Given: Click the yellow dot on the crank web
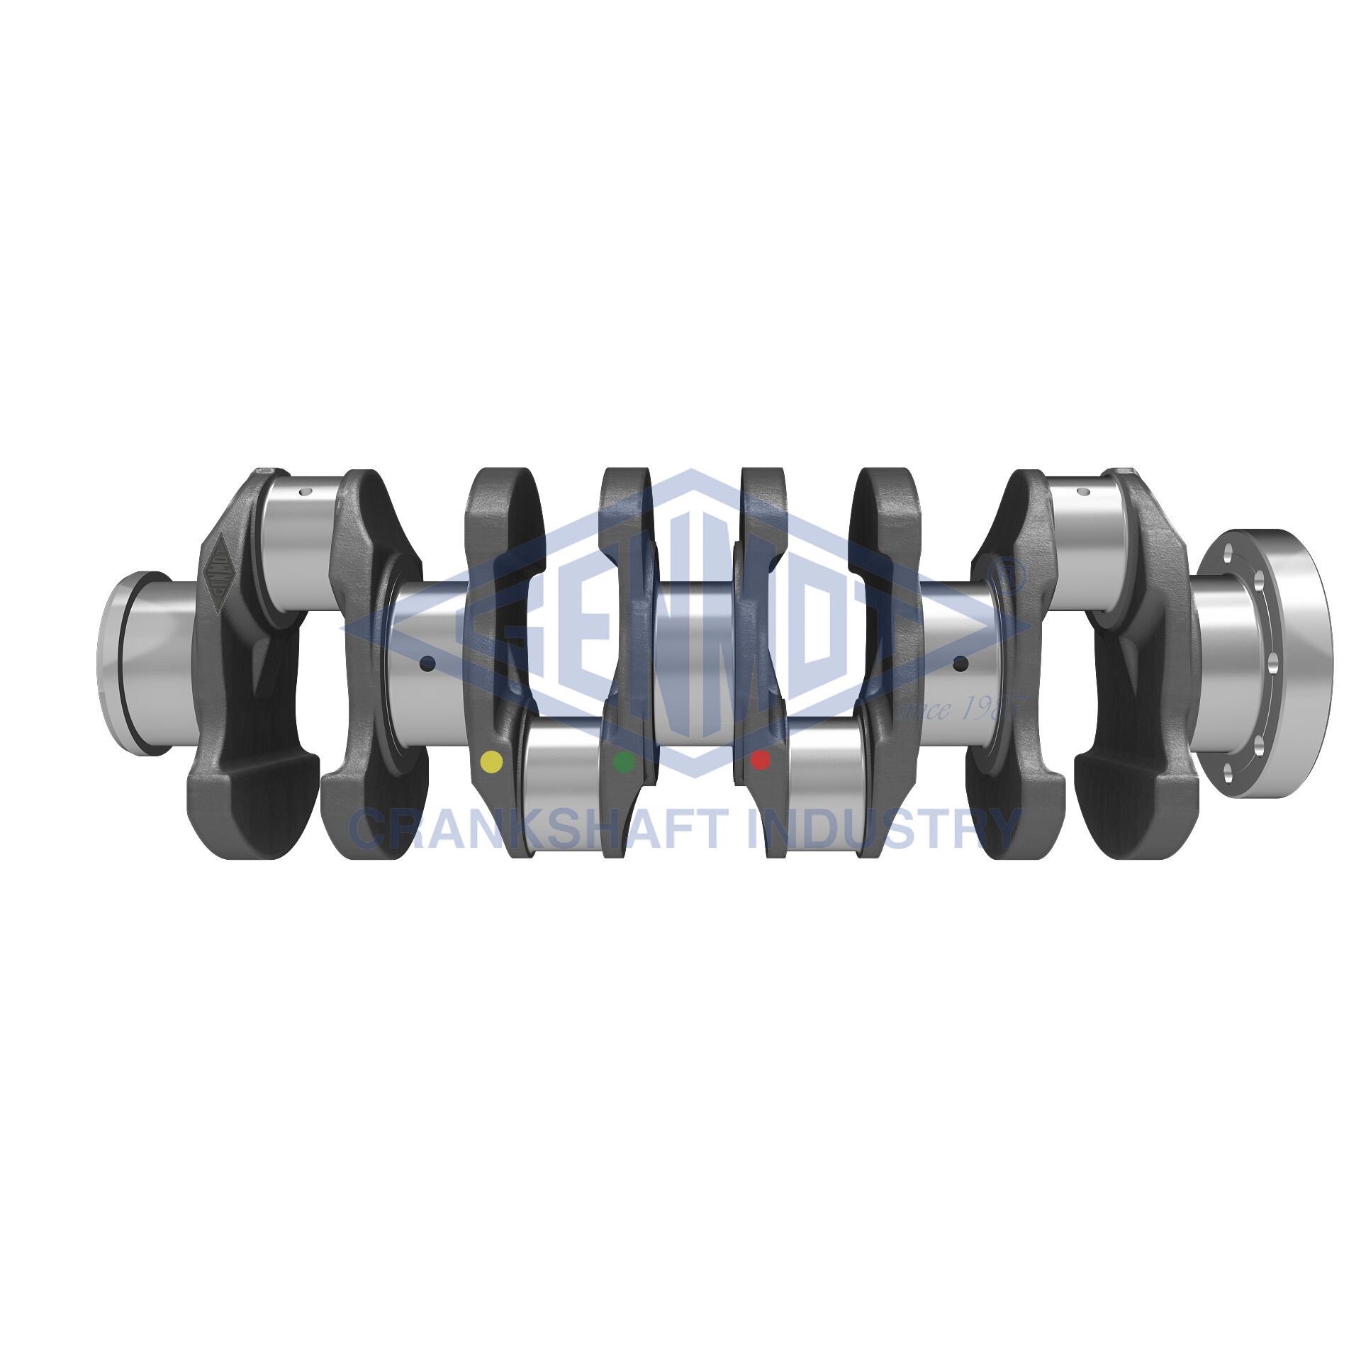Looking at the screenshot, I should pyautogui.click(x=491, y=761).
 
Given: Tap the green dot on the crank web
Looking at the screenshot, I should pyautogui.click(x=624, y=762).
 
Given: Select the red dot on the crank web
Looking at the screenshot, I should pyautogui.click(x=760, y=760).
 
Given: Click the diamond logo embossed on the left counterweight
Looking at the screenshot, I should pyautogui.click(x=218, y=573).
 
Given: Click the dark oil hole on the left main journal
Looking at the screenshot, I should pyautogui.click(x=427, y=664).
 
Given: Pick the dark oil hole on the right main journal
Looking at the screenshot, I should pyautogui.click(x=960, y=664).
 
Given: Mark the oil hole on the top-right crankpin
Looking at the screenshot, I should pyautogui.click(x=1082, y=491).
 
